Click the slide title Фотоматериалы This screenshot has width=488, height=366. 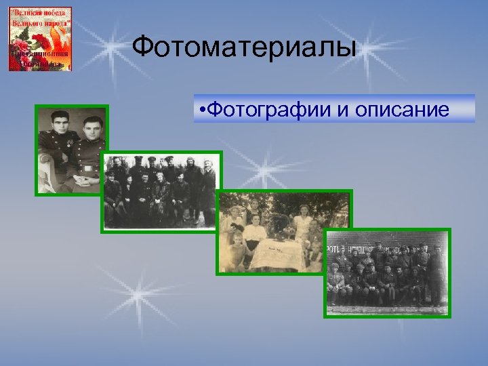[243, 47]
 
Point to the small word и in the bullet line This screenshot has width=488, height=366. [338, 110]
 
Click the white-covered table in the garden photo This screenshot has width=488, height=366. [277, 253]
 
